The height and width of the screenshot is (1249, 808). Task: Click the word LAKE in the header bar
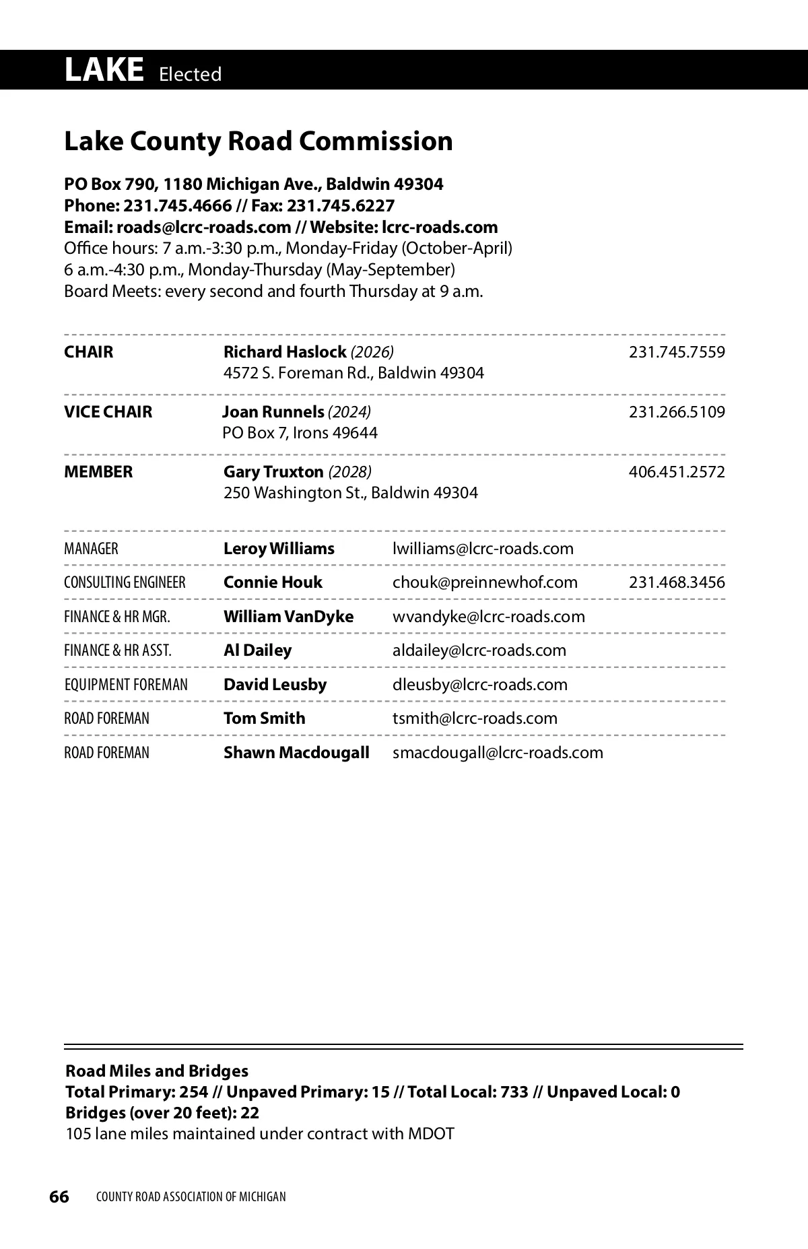click(104, 70)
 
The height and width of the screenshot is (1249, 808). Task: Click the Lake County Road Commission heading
click(258, 141)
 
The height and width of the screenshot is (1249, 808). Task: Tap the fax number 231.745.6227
click(341, 205)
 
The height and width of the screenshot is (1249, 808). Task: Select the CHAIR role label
click(89, 352)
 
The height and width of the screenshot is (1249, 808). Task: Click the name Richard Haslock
click(285, 352)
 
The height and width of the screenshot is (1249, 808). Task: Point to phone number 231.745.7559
click(677, 352)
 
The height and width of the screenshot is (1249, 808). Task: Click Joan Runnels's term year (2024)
click(349, 412)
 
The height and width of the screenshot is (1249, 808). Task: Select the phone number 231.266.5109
click(677, 412)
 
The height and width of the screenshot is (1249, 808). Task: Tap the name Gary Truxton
click(273, 472)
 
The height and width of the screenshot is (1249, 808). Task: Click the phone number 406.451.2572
click(677, 472)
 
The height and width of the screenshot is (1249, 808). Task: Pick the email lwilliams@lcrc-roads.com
click(483, 549)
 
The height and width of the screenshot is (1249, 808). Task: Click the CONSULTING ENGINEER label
click(125, 582)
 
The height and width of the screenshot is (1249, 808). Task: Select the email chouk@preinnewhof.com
click(485, 582)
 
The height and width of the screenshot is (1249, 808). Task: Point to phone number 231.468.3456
click(677, 582)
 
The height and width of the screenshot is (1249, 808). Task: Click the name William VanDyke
click(288, 617)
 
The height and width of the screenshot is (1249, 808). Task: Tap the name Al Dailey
click(258, 650)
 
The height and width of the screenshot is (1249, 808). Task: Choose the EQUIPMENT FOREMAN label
click(126, 685)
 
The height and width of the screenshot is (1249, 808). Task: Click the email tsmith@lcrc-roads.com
click(475, 718)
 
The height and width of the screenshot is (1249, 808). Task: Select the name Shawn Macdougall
click(296, 753)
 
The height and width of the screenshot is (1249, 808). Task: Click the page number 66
click(59, 1196)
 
